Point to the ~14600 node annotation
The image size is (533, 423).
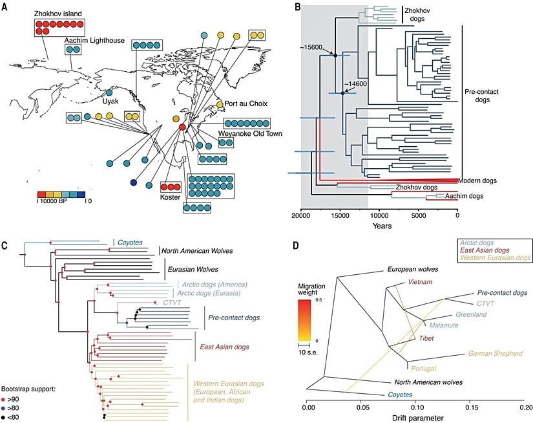click(355, 84)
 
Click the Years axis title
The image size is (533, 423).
click(379, 226)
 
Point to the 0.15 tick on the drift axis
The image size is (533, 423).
click(472, 408)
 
